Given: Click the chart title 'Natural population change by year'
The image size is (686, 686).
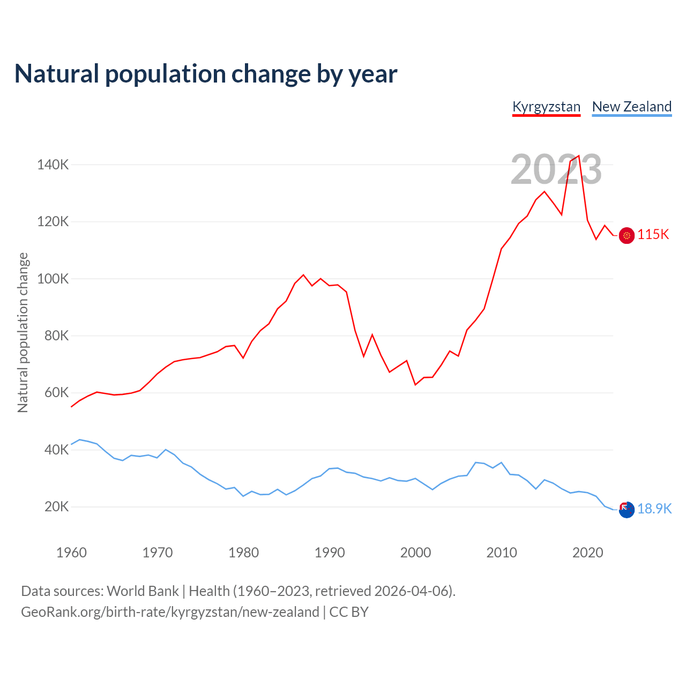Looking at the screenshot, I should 206,74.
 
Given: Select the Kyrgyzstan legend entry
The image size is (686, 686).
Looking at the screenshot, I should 546,107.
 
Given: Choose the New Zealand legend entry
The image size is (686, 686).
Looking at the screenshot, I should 631,107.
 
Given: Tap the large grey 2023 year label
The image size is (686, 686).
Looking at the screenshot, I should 556,169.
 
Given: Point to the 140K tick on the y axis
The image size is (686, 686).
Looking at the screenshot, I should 53,165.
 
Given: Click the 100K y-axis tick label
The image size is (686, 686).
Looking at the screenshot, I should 53,279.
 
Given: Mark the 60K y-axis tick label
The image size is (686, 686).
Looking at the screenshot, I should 56,393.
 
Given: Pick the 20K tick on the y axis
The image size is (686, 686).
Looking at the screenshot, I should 56,507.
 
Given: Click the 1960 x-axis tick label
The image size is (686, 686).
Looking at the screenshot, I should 71,553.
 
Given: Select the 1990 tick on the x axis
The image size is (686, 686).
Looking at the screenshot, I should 330,553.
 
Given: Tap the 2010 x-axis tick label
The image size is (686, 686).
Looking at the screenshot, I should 502,553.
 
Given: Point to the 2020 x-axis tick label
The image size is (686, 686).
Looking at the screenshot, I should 588,553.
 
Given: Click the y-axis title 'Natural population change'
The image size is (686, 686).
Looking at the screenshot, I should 23,332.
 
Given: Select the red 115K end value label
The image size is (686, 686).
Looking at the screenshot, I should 653,235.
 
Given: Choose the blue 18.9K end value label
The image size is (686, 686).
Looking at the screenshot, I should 654,509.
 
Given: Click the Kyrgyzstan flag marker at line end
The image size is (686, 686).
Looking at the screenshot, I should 627,235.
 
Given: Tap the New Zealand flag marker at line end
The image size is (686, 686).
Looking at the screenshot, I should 627,510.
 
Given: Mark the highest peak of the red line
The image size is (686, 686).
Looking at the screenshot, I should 579,156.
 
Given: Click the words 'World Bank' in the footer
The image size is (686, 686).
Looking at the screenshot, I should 143,591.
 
